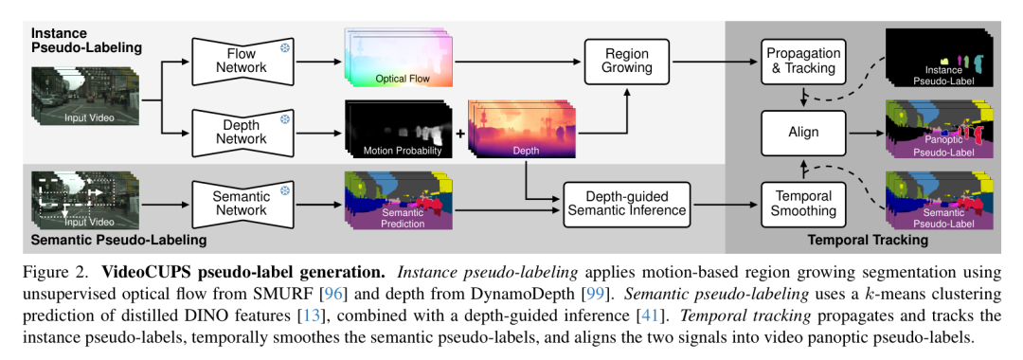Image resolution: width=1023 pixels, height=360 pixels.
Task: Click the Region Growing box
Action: point(626,61)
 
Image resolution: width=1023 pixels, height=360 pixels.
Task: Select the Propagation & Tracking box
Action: point(803,61)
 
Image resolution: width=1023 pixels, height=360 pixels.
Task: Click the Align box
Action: point(803,133)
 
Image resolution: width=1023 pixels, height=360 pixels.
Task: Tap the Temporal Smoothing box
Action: point(803,204)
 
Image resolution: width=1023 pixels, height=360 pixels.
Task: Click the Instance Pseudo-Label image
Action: point(940,59)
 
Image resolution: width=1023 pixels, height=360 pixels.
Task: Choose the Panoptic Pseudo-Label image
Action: point(940,131)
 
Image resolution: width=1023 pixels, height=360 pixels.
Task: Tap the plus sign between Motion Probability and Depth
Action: point(460,134)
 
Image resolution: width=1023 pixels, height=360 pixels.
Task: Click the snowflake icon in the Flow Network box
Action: point(284,47)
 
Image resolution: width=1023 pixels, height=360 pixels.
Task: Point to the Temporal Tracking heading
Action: point(868,241)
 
